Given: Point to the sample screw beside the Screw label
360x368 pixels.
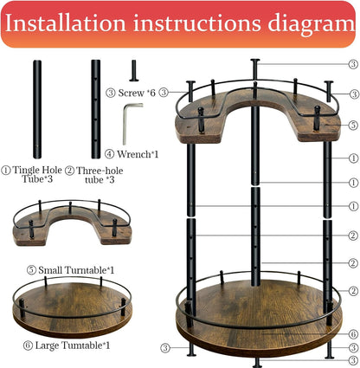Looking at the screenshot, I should click(133, 70).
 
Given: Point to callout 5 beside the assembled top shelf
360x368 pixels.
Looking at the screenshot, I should click(353, 124).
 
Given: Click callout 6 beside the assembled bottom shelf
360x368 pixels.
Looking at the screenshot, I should click(353, 333).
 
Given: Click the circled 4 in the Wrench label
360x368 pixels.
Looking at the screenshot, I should click(109, 155).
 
